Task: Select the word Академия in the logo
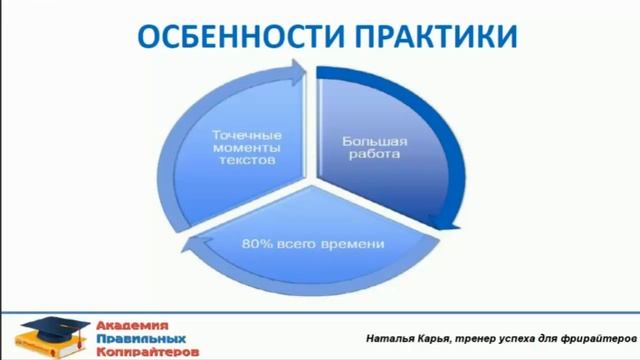click(133, 325)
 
